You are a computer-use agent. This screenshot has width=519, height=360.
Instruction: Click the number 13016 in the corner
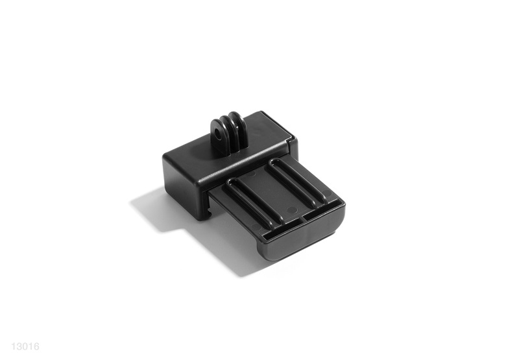click(x=25, y=346)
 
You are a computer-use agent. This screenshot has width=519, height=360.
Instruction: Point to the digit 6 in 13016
click(x=36, y=346)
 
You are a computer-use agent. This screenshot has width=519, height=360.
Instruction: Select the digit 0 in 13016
click(x=25, y=346)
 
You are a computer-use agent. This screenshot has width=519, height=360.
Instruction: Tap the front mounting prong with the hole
click(x=218, y=135)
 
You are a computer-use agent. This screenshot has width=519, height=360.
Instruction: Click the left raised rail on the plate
click(x=254, y=200)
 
